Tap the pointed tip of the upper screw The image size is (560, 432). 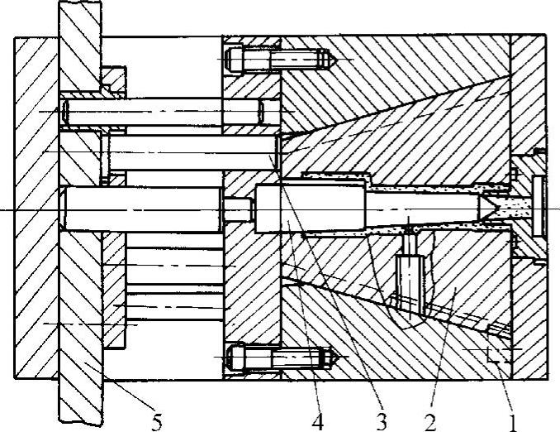click(x=329, y=60)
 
